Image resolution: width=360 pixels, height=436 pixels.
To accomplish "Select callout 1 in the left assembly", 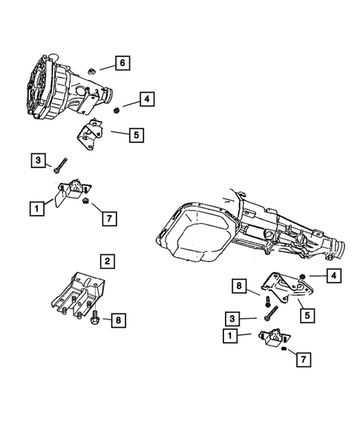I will (35, 209).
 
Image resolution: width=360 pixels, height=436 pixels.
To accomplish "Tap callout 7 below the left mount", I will (108, 218).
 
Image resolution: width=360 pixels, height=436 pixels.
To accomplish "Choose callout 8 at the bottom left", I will (117, 320).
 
